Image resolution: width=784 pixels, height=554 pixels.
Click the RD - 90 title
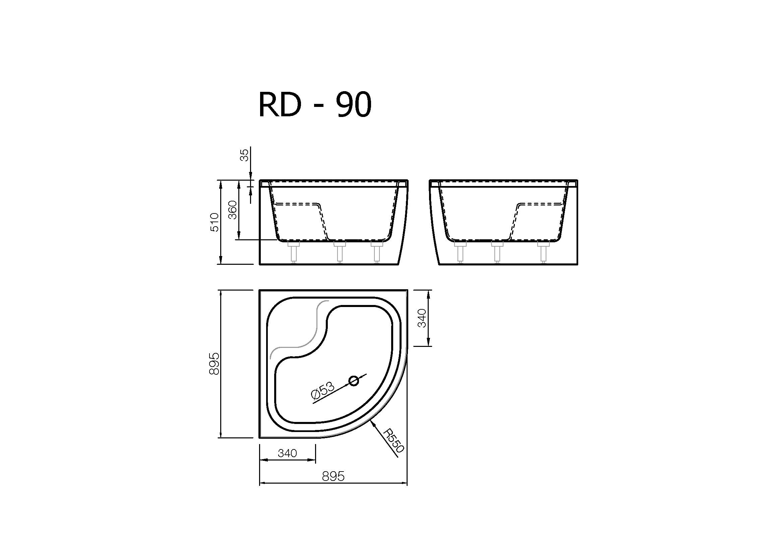click(x=315, y=105)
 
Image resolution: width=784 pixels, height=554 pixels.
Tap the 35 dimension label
click(x=245, y=155)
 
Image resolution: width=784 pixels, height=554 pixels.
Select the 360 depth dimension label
click(x=232, y=210)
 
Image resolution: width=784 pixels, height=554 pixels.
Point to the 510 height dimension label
click(x=215, y=222)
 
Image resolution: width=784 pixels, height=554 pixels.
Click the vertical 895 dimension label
click(x=214, y=364)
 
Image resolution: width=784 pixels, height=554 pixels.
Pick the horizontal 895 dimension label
click(x=333, y=476)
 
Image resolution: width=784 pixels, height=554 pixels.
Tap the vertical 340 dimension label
click(x=422, y=318)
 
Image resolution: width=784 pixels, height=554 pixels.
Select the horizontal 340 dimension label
click(x=288, y=453)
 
